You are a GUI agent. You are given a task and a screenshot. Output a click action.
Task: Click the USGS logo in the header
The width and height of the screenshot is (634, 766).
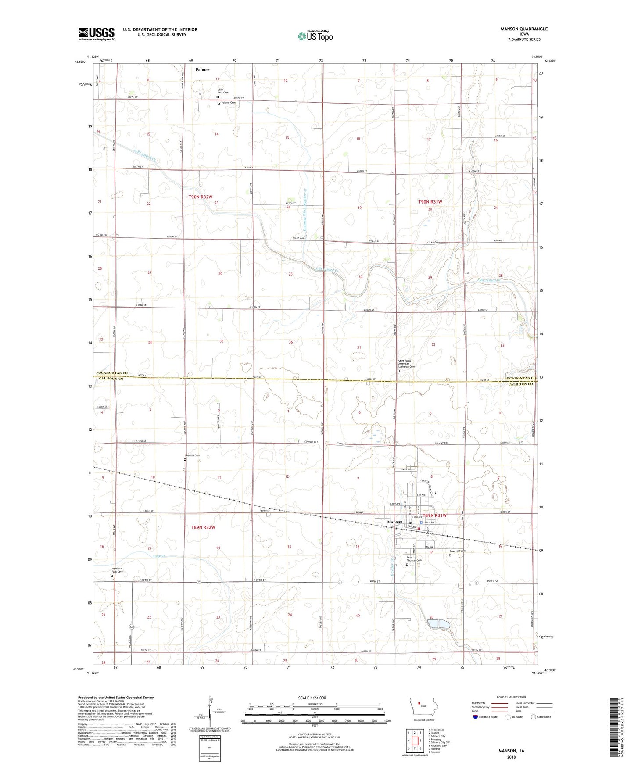point(97,33)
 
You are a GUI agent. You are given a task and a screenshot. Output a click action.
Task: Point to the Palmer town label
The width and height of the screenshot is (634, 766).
point(202,70)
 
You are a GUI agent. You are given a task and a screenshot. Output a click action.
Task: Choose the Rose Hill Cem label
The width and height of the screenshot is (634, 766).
point(458,551)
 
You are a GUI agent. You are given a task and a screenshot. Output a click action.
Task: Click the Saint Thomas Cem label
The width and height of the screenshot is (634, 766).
point(414,559)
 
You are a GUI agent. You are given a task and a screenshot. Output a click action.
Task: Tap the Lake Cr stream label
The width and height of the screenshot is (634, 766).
point(159,556)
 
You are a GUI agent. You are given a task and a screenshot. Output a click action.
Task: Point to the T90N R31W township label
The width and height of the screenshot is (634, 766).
point(430,201)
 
